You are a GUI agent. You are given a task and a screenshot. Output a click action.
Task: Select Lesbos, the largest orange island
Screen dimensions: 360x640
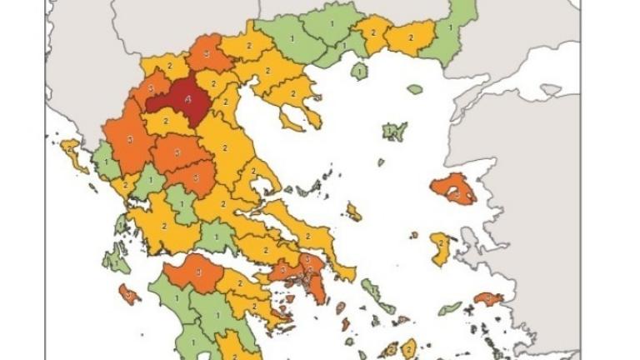pyautogui.click(x=454, y=191)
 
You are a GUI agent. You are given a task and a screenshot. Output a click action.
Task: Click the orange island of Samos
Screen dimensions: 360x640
pyautogui.click(x=488, y=297)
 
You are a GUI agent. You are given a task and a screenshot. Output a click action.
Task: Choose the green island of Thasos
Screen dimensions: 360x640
pyautogui.click(x=360, y=72)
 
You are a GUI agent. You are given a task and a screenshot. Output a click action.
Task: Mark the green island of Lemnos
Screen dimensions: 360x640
pyautogui.click(x=393, y=131)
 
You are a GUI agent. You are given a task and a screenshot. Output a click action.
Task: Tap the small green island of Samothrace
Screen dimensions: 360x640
pyautogui.click(x=415, y=88)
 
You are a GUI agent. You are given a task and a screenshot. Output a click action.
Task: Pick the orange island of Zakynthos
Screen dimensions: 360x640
pyautogui.click(x=128, y=292)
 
